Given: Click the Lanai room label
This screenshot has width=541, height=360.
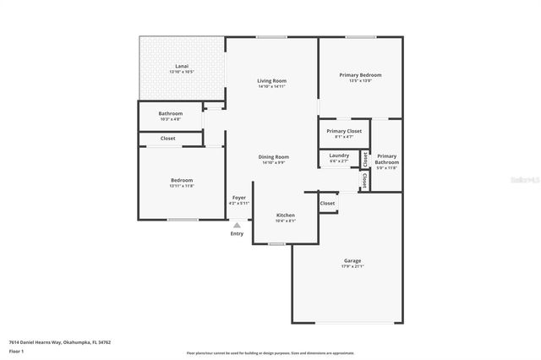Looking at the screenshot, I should click(x=182, y=66).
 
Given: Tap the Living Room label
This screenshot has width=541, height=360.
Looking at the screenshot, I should click(x=271, y=81).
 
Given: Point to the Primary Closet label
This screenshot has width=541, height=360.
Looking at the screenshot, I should click(x=344, y=131).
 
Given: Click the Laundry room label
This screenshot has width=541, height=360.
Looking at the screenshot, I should click(x=339, y=155).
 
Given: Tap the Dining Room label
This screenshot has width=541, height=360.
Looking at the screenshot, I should click(x=273, y=156).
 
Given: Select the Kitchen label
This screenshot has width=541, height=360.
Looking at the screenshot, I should click(x=286, y=215).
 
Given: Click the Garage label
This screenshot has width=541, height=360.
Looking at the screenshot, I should click(x=352, y=260).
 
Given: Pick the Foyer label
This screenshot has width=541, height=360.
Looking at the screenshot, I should click(x=239, y=198).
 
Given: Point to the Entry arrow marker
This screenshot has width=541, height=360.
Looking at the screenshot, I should click(x=238, y=225).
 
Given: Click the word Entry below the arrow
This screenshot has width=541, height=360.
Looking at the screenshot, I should click(x=237, y=234).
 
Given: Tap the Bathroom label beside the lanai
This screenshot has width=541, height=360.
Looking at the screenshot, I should click(x=170, y=113).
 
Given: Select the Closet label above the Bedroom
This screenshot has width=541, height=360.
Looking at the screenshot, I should click(x=168, y=138).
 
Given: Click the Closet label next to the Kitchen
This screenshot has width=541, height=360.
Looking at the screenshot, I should click(x=327, y=203).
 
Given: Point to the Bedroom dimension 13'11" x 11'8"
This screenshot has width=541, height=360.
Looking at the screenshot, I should click(x=181, y=186).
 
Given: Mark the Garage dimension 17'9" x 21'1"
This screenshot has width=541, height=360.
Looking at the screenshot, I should click(x=352, y=266).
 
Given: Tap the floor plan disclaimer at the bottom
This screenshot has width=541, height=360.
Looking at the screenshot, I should click(x=270, y=352).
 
